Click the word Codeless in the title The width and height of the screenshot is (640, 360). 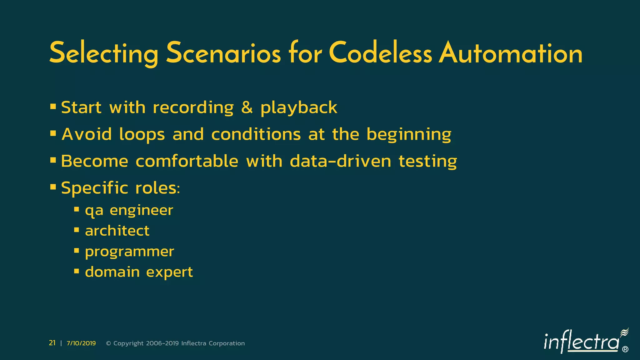point(380,53)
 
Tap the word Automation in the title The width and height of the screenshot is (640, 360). point(511,53)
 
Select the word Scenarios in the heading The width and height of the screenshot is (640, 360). point(223,53)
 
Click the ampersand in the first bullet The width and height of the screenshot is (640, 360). point(247,107)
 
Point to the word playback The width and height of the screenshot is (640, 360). point(299,108)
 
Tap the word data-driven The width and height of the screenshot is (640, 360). point(340,161)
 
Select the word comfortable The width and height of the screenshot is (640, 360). point(187,161)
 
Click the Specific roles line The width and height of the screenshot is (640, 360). point(120,188)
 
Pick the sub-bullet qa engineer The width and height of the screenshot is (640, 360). point(129,210)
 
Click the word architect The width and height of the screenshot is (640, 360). point(117,231)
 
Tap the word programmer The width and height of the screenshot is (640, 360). point(129,252)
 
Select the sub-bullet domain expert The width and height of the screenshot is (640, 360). point(139,272)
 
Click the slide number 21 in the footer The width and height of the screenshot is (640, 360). point(52,343)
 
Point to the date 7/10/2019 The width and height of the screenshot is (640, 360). point(81,343)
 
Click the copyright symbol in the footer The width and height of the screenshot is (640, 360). point(109,343)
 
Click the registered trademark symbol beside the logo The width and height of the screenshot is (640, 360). point(625,349)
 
